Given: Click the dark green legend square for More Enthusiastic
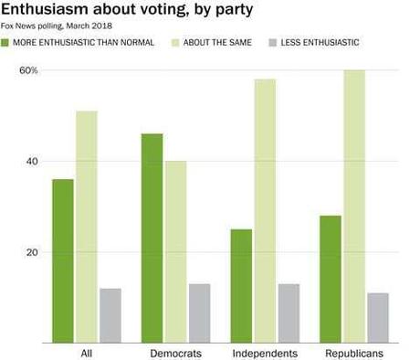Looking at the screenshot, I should point(6,43).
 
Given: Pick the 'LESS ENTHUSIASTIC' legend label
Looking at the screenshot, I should point(320,43).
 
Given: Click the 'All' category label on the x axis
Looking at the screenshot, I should point(87,353).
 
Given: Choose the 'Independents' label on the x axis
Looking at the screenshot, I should point(265,353).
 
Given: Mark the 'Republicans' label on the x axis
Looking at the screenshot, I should point(353,353).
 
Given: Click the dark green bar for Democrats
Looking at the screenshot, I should point(152,238).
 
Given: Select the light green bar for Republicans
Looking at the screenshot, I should point(354,206).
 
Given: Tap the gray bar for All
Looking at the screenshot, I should point(110,315).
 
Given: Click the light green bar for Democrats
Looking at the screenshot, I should point(175,251).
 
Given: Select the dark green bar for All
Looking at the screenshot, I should point(63,260).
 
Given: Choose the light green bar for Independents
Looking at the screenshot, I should point(265,210).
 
